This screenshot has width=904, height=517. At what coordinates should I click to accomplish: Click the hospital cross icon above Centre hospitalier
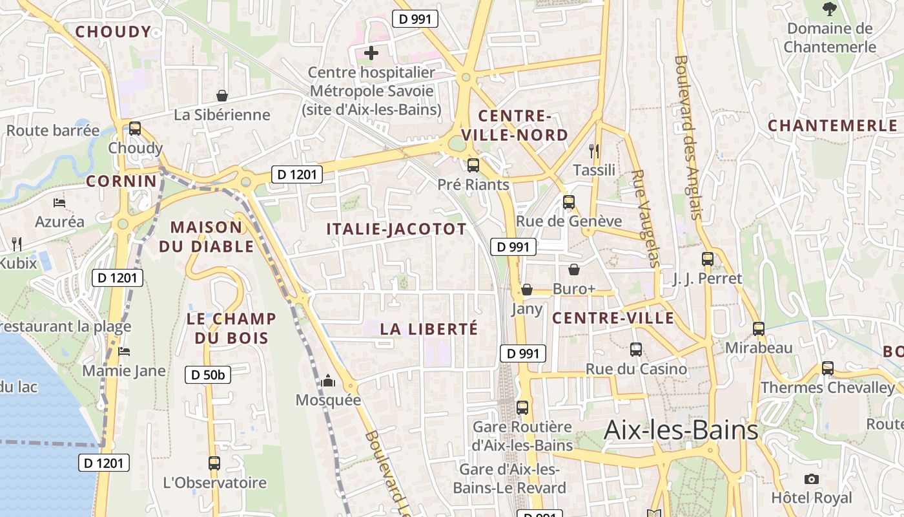coord(371,53)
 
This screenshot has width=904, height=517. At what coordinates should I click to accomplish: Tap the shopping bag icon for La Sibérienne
coord(222,96)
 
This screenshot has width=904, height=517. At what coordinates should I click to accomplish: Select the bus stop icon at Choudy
coord(135,128)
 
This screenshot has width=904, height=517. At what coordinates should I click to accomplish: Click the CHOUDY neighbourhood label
coord(113,32)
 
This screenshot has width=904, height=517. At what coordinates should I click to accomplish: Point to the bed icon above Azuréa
coord(59,203)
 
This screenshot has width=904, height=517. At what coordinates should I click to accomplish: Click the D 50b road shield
coord(208,374)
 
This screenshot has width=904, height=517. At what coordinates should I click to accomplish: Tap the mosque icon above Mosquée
coord(329,381)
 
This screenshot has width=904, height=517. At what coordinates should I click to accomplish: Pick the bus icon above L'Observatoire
coord(214,463)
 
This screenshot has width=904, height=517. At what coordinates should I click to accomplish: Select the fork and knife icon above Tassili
coord(595,151)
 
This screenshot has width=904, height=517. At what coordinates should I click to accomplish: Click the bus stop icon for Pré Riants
coord(473,165)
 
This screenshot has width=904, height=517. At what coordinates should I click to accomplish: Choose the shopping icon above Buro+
coord(573,269)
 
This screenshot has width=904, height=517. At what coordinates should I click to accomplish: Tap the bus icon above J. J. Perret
coord(708,259)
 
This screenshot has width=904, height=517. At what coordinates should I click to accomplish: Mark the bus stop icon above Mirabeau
coord(759,328)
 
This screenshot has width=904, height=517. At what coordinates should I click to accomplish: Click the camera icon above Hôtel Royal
coord(812,479)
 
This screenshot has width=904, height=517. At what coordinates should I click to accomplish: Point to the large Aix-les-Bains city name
coord(681,430)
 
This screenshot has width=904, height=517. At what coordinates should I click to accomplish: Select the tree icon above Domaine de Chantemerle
coord(829,9)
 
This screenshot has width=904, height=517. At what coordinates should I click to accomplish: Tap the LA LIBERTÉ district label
coord(429,329)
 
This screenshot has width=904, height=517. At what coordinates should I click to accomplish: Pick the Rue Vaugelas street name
coord(646,218)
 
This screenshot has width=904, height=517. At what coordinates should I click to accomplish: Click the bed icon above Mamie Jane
coord(124,352)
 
